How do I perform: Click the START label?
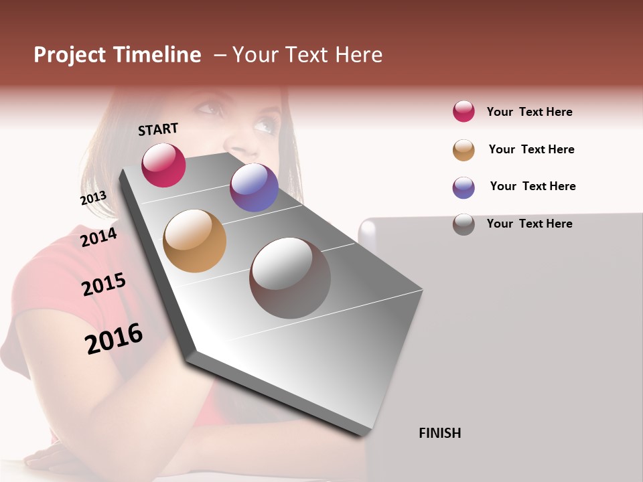tap(158, 129)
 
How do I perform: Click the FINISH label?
tap(440, 433)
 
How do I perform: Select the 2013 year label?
tap(93, 198)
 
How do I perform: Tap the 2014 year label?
tap(98, 238)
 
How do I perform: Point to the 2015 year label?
tap(104, 285)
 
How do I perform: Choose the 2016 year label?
tap(114, 339)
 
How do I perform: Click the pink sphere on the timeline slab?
tap(163, 165)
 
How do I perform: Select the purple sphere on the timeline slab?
tap(254, 187)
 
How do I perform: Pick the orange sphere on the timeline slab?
tap(194, 241)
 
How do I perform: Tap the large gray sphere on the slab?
tap(289, 278)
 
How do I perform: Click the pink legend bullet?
tap(463, 111)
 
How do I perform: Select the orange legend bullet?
tap(463, 150)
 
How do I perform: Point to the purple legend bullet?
tap(463, 187)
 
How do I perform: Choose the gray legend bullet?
tap(463, 224)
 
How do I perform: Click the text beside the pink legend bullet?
tap(529, 112)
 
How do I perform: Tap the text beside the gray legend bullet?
tap(529, 224)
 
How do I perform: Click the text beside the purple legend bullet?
tap(532, 186)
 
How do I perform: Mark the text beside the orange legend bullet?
tap(531, 149)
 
